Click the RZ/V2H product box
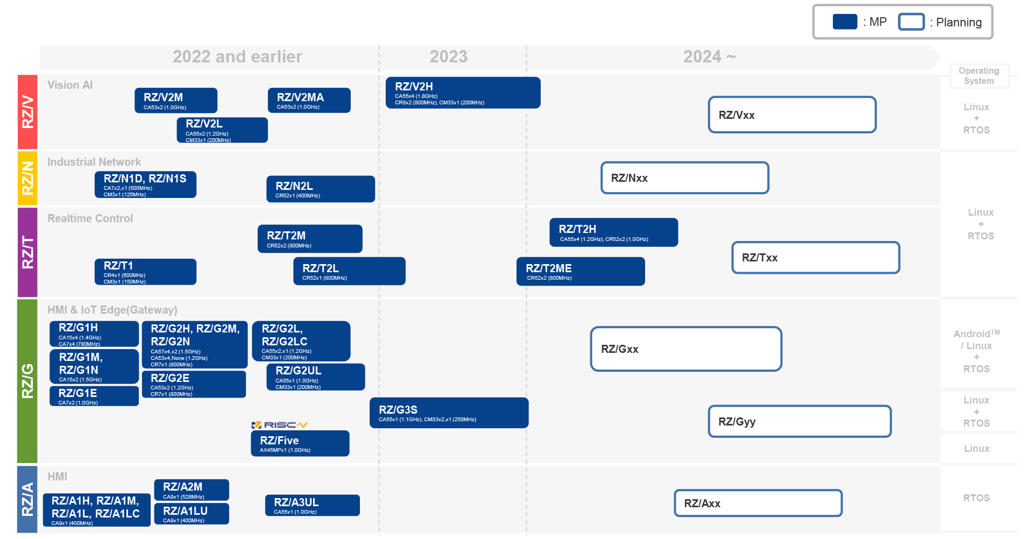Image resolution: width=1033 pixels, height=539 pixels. point(463,93)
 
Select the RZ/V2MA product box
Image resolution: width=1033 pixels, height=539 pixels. point(309,100)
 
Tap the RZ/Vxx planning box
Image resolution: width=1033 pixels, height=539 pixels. point(792,115)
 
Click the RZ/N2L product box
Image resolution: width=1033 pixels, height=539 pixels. point(321,189)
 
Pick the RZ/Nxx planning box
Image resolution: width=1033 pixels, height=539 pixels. point(684,178)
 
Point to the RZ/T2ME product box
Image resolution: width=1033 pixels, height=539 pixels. point(581,271)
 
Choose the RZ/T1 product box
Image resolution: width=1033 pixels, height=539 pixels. point(146,272)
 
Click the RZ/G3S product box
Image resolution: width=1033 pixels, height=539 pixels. point(449,413)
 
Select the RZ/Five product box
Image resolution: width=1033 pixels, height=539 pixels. point(300,443)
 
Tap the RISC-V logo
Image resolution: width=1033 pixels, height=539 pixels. point(279,425)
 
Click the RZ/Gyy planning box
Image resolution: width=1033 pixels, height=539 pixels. point(799,421)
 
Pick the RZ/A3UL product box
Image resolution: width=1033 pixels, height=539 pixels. point(312,505)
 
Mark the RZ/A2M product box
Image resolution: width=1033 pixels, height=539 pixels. point(192,490)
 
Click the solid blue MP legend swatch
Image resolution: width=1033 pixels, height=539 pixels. point(845,22)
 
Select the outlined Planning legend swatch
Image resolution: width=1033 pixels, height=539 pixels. point(911,22)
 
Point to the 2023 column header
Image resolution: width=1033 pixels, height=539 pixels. point(448,56)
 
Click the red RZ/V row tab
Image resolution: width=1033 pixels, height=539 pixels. point(27,112)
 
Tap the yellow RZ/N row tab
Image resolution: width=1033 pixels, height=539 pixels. point(27,178)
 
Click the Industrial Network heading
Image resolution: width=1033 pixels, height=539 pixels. point(94,162)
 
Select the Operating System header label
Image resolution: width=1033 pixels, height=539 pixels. point(979,76)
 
